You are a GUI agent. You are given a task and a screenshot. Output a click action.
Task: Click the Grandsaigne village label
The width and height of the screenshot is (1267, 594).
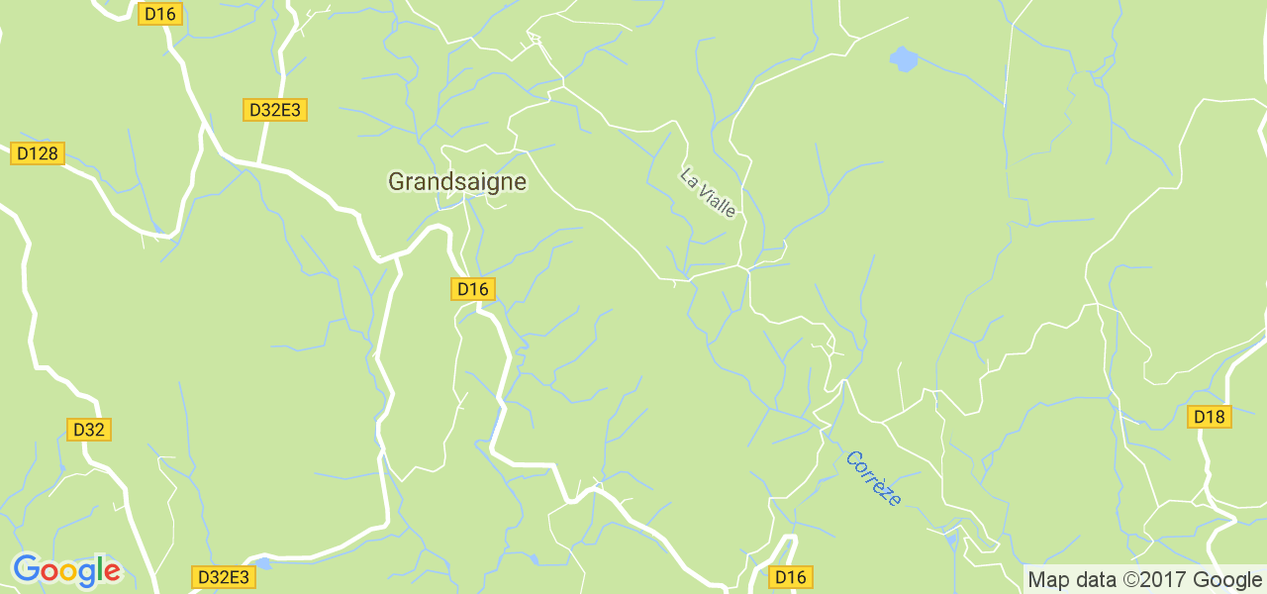456,181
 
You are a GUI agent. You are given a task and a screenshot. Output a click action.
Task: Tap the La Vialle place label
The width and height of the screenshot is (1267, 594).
708,192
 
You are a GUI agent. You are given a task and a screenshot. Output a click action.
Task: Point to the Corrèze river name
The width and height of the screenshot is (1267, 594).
873,478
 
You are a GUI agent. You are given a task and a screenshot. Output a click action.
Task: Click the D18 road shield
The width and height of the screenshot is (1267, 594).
1210,417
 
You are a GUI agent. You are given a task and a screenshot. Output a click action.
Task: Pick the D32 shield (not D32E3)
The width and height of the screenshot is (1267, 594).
89,430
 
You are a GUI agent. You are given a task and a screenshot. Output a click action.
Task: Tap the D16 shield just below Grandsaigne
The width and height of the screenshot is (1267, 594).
473,289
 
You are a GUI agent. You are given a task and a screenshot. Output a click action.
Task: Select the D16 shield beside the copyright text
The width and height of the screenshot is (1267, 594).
791,577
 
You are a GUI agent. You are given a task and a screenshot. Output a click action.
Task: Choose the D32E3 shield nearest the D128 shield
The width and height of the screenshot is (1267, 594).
274,110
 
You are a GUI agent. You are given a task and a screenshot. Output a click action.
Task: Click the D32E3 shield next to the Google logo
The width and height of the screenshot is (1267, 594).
222,577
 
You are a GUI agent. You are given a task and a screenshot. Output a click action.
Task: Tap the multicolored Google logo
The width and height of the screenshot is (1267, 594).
66,571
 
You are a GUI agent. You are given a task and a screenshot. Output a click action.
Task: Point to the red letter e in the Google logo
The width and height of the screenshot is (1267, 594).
112,572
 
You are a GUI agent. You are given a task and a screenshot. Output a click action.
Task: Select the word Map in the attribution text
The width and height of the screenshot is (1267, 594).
1047,579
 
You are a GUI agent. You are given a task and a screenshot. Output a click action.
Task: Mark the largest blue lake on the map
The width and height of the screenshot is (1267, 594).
903,59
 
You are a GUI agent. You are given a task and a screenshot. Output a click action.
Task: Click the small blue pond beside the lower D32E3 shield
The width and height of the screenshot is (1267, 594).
261,563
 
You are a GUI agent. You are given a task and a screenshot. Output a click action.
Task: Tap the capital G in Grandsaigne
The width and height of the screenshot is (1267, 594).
397,181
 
